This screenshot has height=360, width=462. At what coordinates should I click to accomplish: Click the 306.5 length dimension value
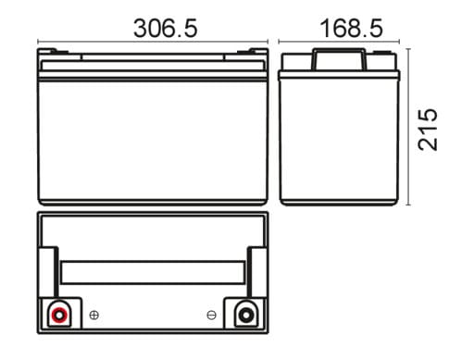pos(165,29)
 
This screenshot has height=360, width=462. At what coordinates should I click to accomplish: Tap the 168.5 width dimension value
pos(351,29)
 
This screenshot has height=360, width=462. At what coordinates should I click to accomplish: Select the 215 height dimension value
pos(428,130)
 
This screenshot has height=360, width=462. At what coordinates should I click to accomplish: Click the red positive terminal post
pos(59,315)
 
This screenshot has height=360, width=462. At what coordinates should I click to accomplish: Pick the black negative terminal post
pos(246,315)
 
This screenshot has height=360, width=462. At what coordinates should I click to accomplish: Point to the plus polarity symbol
pos(94,316)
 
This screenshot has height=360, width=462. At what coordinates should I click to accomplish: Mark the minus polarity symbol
pos(211,316)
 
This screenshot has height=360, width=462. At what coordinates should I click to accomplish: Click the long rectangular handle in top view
pos(153,272)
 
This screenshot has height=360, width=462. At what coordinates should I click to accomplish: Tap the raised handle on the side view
pos(340,59)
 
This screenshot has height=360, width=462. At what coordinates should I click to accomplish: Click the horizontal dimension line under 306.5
pos(153,42)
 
